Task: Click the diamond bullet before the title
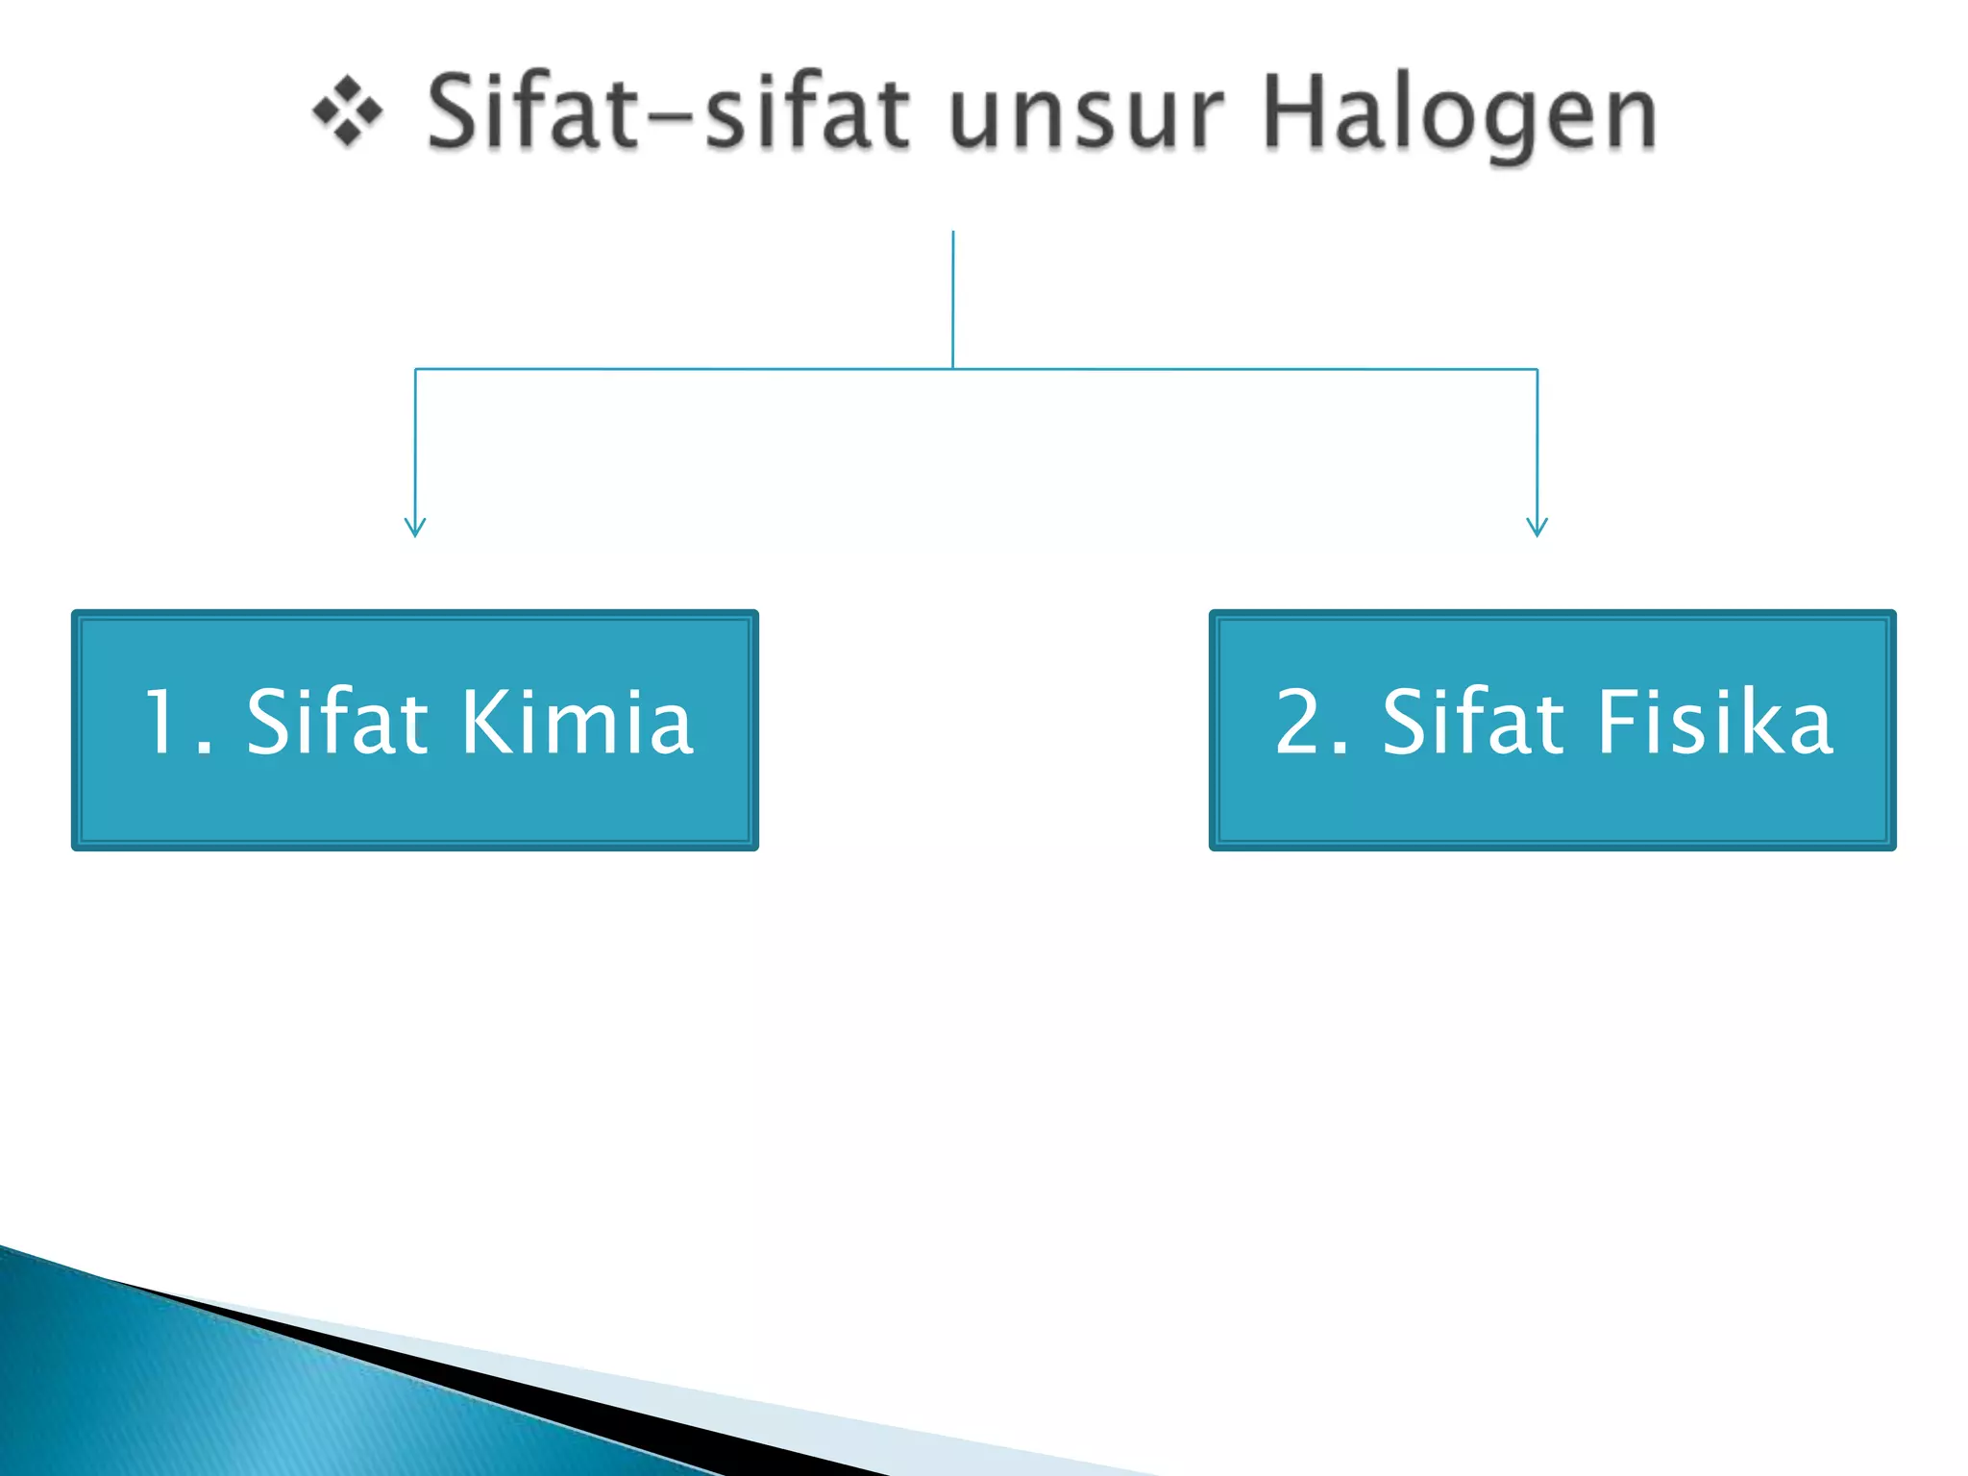click(348, 113)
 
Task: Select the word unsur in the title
click(1086, 115)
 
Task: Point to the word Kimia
click(577, 723)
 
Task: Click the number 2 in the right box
click(1299, 723)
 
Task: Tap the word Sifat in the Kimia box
click(336, 723)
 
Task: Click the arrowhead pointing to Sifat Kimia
click(415, 528)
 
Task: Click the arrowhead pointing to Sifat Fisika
click(1537, 528)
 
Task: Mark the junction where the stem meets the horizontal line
click(953, 369)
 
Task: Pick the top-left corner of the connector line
click(415, 369)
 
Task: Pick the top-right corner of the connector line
click(1537, 369)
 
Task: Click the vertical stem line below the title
click(953, 298)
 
